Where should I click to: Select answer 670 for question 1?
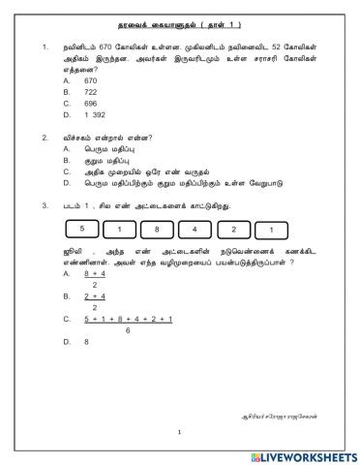click(91, 81)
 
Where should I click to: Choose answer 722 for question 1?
click(91, 92)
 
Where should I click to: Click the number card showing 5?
click(83, 229)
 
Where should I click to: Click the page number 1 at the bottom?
click(179, 433)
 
